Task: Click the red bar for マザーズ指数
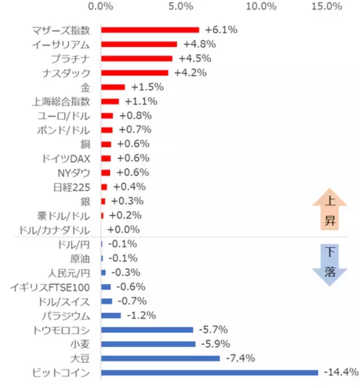point(149,29)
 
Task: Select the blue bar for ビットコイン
point(209,372)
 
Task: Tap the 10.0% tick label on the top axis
point(261,7)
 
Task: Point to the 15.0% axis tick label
point(327,7)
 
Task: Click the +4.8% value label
point(199,44)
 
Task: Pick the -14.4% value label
point(340,372)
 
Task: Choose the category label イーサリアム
point(62,44)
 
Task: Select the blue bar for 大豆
point(160,358)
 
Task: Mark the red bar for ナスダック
point(134,73)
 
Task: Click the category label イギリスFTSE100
point(50,286)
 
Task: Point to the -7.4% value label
point(241,358)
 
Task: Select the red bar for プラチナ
point(137,58)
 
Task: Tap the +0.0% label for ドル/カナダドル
point(124,229)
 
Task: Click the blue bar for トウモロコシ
point(147,330)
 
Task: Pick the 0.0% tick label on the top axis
point(100,7)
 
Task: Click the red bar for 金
point(113,87)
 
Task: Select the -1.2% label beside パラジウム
point(142,315)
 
